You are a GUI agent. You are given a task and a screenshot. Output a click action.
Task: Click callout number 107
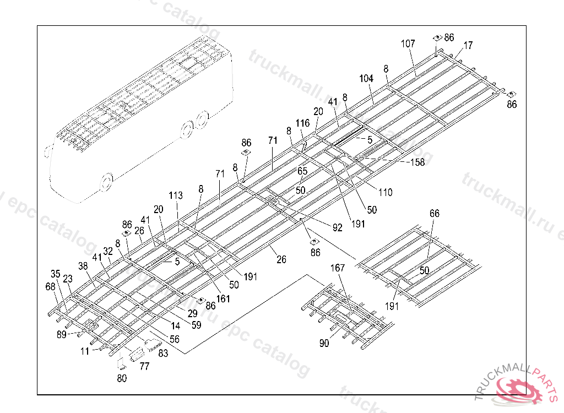408,44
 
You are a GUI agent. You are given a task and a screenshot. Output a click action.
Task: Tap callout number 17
468,46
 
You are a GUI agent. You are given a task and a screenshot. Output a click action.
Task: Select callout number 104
366,79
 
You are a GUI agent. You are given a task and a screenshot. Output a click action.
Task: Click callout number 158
417,162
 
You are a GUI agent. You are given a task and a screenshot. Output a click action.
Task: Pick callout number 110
385,193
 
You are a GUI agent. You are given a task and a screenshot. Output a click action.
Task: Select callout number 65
302,171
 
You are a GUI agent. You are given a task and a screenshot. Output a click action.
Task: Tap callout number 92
337,226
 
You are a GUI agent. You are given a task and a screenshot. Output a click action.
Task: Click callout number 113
176,195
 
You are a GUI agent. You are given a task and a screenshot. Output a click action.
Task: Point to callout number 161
223,299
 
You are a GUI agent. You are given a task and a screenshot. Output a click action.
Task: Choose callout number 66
435,214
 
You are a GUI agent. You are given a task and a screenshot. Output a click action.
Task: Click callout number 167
337,268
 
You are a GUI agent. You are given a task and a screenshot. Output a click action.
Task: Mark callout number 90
324,344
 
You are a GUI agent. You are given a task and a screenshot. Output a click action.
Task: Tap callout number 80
122,378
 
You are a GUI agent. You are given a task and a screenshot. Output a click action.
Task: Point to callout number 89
61,334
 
